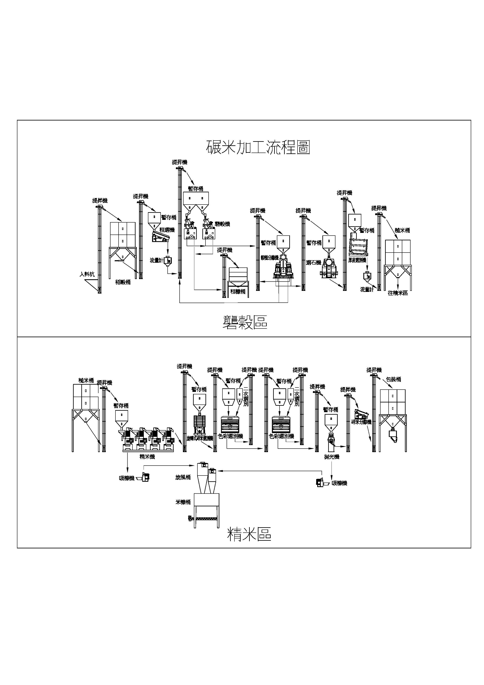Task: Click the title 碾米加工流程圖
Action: point(258,147)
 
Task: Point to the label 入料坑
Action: point(87,274)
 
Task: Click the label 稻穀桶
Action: point(123,282)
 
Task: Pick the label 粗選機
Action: point(167,230)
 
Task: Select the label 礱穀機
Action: point(222,224)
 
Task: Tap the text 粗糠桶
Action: point(238,291)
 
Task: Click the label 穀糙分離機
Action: point(269,258)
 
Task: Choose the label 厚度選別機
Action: point(357,260)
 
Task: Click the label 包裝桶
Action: point(393,379)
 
